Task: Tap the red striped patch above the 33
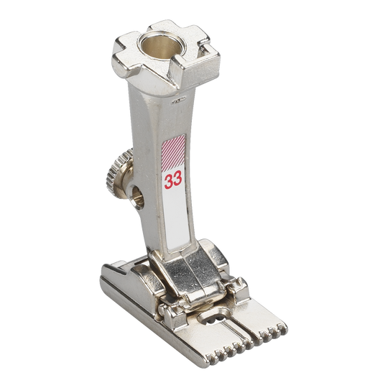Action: (x=173, y=150)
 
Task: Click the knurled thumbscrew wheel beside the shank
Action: (x=116, y=173)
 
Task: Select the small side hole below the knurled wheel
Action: (x=137, y=198)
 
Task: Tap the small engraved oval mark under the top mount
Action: (x=179, y=100)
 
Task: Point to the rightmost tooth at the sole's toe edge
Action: (x=282, y=328)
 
